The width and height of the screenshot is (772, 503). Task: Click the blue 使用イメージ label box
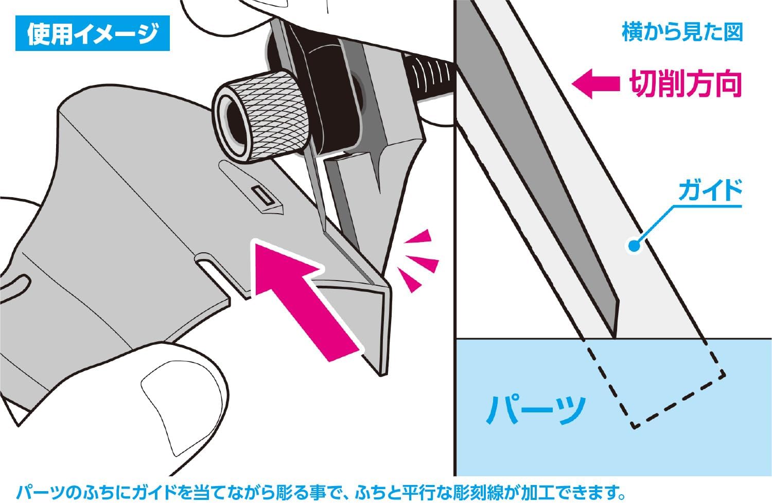coord(93,34)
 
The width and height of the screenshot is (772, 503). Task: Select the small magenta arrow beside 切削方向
coord(595,84)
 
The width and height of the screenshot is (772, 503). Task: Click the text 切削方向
coord(685,84)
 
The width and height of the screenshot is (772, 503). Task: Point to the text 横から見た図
coord(682,32)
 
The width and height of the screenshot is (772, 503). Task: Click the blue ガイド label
coord(710,191)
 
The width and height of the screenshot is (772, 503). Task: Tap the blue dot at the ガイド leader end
coord(635,246)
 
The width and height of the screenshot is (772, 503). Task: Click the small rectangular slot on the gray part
coord(262,196)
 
